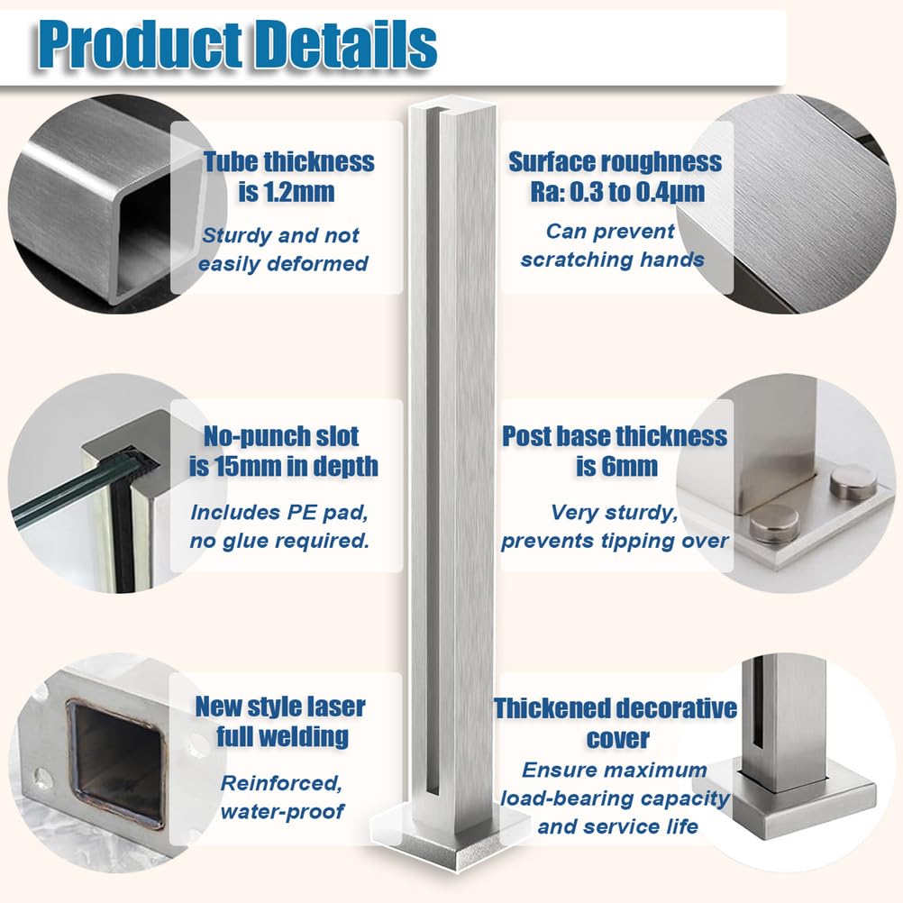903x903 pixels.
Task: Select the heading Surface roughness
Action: (x=615, y=162)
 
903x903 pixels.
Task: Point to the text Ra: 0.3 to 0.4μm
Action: (x=615, y=192)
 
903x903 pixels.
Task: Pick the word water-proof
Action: (x=282, y=810)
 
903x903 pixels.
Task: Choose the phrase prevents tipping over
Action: (x=615, y=541)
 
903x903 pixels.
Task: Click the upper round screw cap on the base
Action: (x=853, y=482)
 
